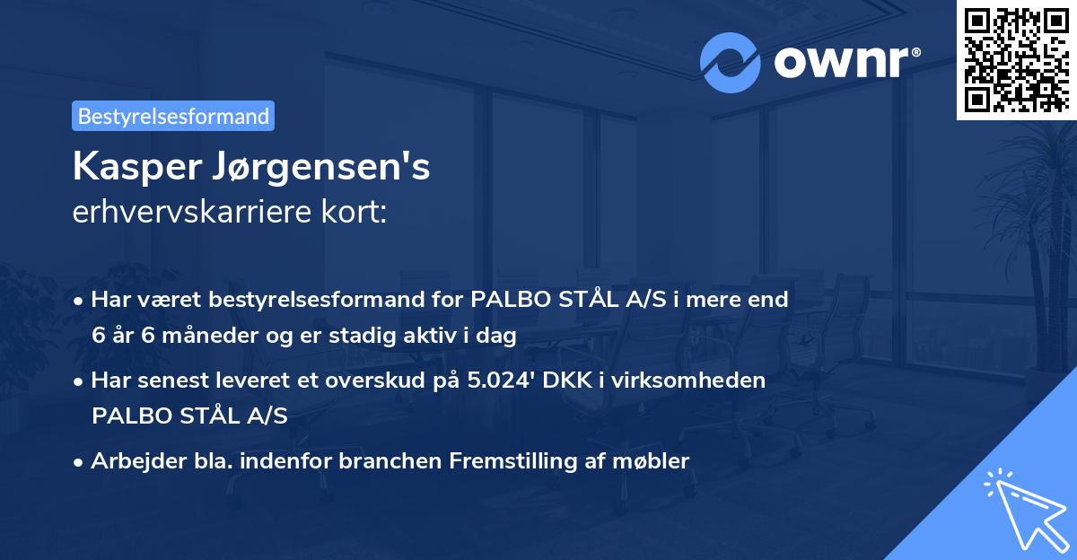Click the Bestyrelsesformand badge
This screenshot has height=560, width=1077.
point(173,116)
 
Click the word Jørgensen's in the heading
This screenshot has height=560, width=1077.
point(320,169)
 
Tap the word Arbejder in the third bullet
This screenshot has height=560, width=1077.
point(131,461)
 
